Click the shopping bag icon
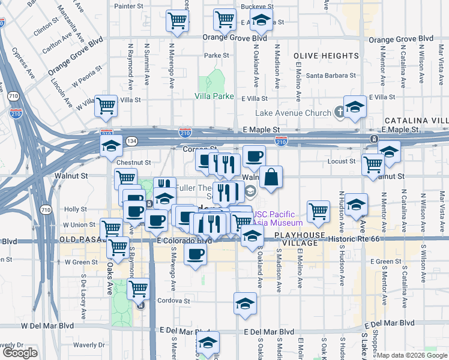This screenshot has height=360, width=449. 271,177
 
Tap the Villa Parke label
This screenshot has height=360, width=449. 214,96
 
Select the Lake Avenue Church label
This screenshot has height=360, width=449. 293,113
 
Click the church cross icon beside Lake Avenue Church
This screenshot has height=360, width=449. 339,112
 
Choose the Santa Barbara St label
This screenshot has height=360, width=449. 331,76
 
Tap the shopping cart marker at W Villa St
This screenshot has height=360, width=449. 106,106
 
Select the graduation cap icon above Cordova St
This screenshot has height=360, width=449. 245,304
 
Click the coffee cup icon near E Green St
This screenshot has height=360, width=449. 195,254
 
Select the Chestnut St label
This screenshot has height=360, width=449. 134,162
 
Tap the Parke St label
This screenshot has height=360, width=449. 217,55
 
